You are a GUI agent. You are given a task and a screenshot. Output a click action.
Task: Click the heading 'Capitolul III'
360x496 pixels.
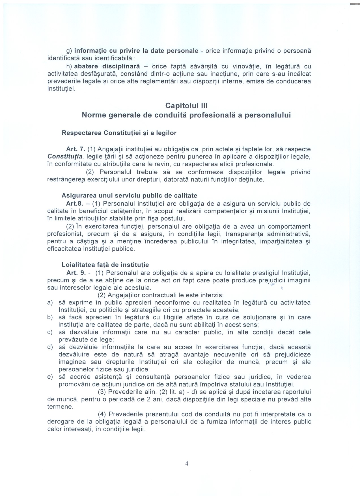point(186,106)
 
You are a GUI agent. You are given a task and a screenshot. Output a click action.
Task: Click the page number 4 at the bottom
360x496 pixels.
point(187,463)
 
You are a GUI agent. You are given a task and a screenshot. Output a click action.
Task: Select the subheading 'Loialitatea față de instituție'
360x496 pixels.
point(105,265)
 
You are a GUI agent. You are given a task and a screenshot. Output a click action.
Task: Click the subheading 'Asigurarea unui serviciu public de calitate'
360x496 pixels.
point(130,196)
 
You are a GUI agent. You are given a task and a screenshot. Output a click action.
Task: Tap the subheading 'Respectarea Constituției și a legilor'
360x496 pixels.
point(119,133)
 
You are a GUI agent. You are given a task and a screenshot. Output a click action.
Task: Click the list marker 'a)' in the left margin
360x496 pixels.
point(50,303)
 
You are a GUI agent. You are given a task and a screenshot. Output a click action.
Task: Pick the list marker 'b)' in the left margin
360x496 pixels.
point(50,317)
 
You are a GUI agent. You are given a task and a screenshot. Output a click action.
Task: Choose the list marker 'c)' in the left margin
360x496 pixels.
point(50,332)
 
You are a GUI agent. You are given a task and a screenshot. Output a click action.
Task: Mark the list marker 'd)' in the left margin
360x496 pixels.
point(50,347)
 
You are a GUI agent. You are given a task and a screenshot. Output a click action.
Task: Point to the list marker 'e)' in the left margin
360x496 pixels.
point(50,377)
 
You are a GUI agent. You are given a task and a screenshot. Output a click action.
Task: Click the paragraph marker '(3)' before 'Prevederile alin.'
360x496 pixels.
point(102,392)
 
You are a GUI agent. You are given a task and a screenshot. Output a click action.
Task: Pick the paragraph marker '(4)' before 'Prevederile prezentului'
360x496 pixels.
point(102,414)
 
